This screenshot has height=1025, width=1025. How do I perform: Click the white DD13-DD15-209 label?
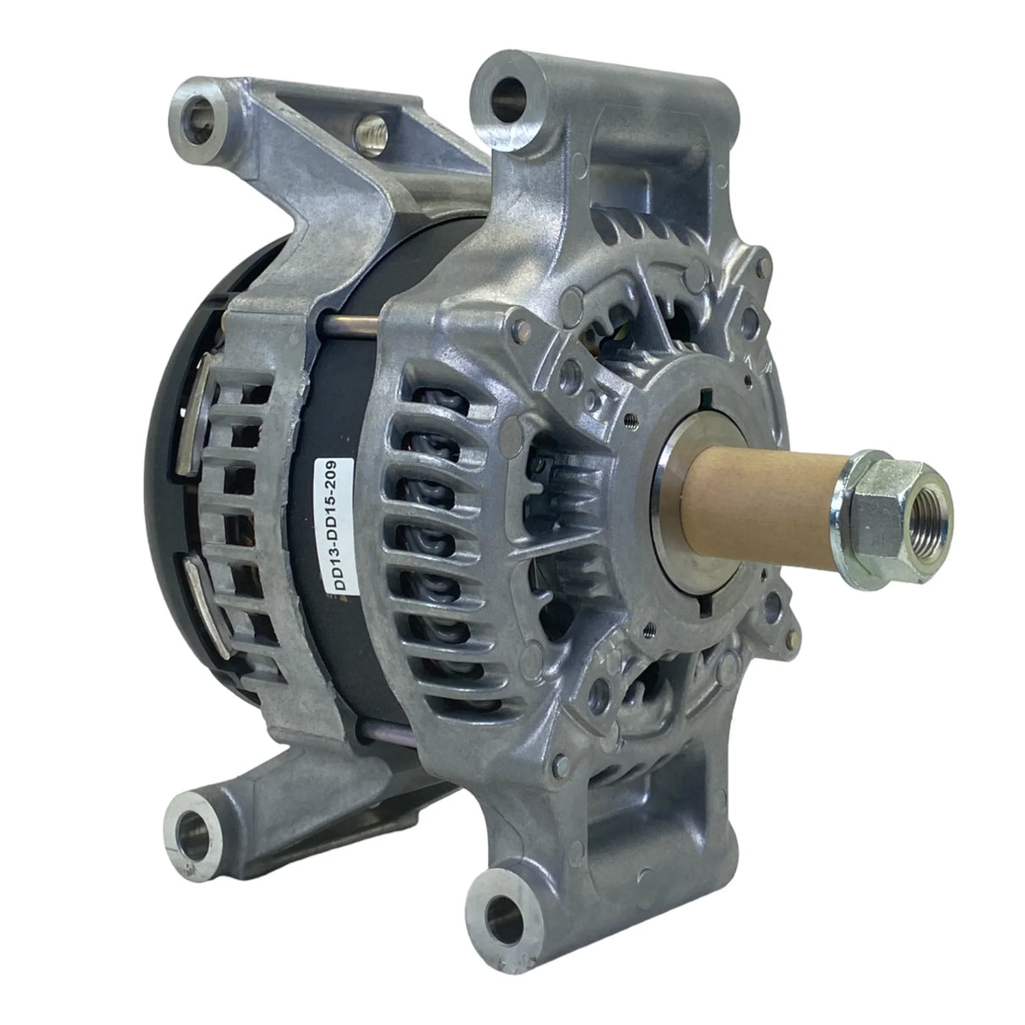334,525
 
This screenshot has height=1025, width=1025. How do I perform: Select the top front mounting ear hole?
508,100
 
